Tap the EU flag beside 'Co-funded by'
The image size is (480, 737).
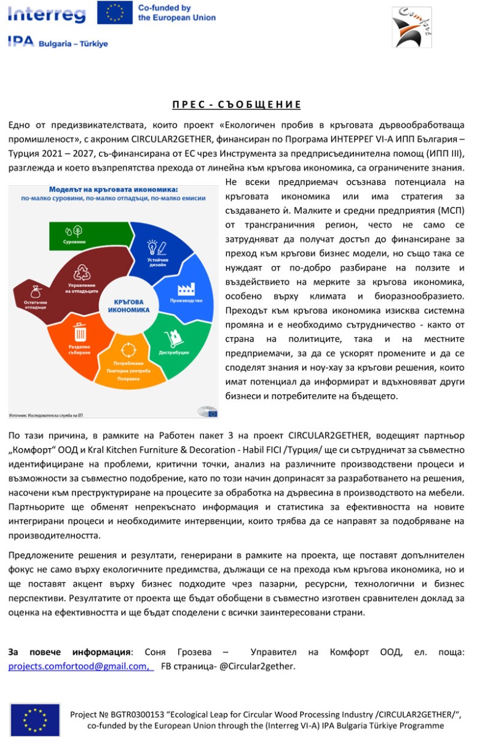114,12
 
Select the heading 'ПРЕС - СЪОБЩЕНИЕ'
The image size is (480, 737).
236,104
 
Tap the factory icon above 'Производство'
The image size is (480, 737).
186,289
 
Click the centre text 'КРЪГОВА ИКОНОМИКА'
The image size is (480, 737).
128,306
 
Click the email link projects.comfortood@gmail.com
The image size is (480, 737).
78,666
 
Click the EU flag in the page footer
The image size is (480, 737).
35,719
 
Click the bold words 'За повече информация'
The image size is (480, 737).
69,652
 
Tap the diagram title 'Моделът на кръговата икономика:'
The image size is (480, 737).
113,190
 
